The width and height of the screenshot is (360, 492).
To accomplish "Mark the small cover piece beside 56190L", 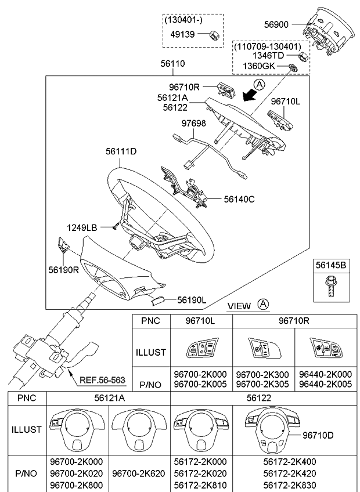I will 157,301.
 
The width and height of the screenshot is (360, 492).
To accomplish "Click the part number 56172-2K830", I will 289,485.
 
